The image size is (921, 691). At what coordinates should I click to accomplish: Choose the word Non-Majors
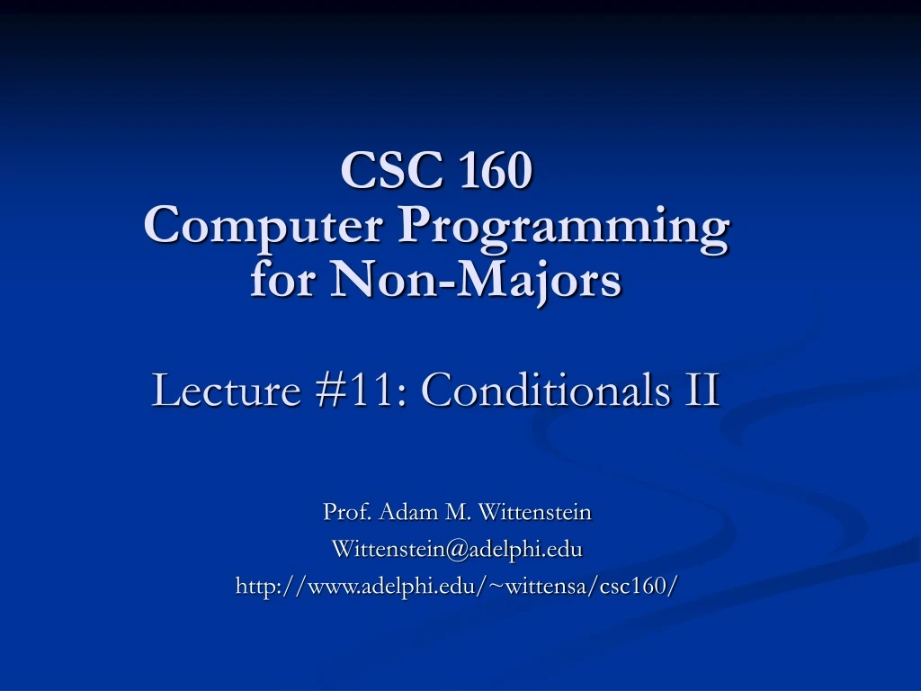pos(478,280)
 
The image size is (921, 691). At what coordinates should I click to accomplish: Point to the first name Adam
pos(409,513)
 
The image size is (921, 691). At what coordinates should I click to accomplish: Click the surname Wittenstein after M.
pos(534,513)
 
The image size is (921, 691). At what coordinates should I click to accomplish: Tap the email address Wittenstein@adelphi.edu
pos(457,549)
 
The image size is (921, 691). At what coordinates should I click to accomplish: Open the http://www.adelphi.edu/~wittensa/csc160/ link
pos(457,586)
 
